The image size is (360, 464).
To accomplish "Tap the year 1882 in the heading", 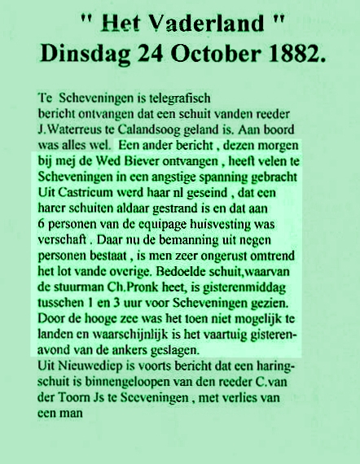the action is click(x=289, y=53).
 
